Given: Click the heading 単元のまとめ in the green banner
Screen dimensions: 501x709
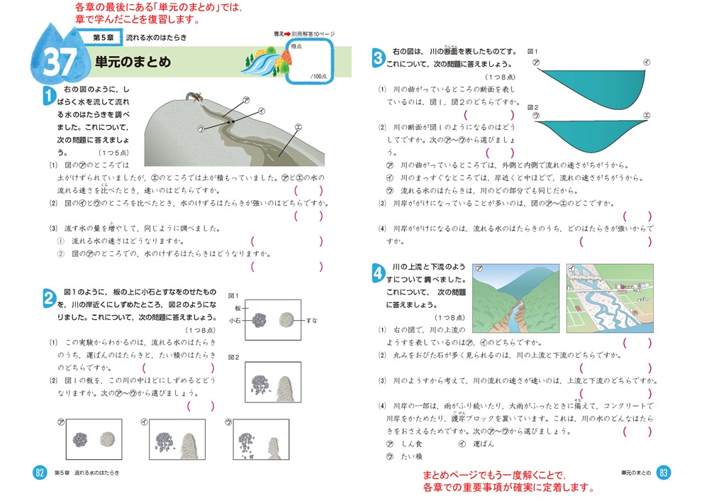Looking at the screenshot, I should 133,62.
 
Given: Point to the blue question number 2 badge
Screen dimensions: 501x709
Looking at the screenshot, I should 49,298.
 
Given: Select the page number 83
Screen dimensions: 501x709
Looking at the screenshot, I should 663,473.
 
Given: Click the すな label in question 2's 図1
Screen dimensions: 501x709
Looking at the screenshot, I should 311,321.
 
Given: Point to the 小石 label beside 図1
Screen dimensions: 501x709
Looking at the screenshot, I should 234,321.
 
